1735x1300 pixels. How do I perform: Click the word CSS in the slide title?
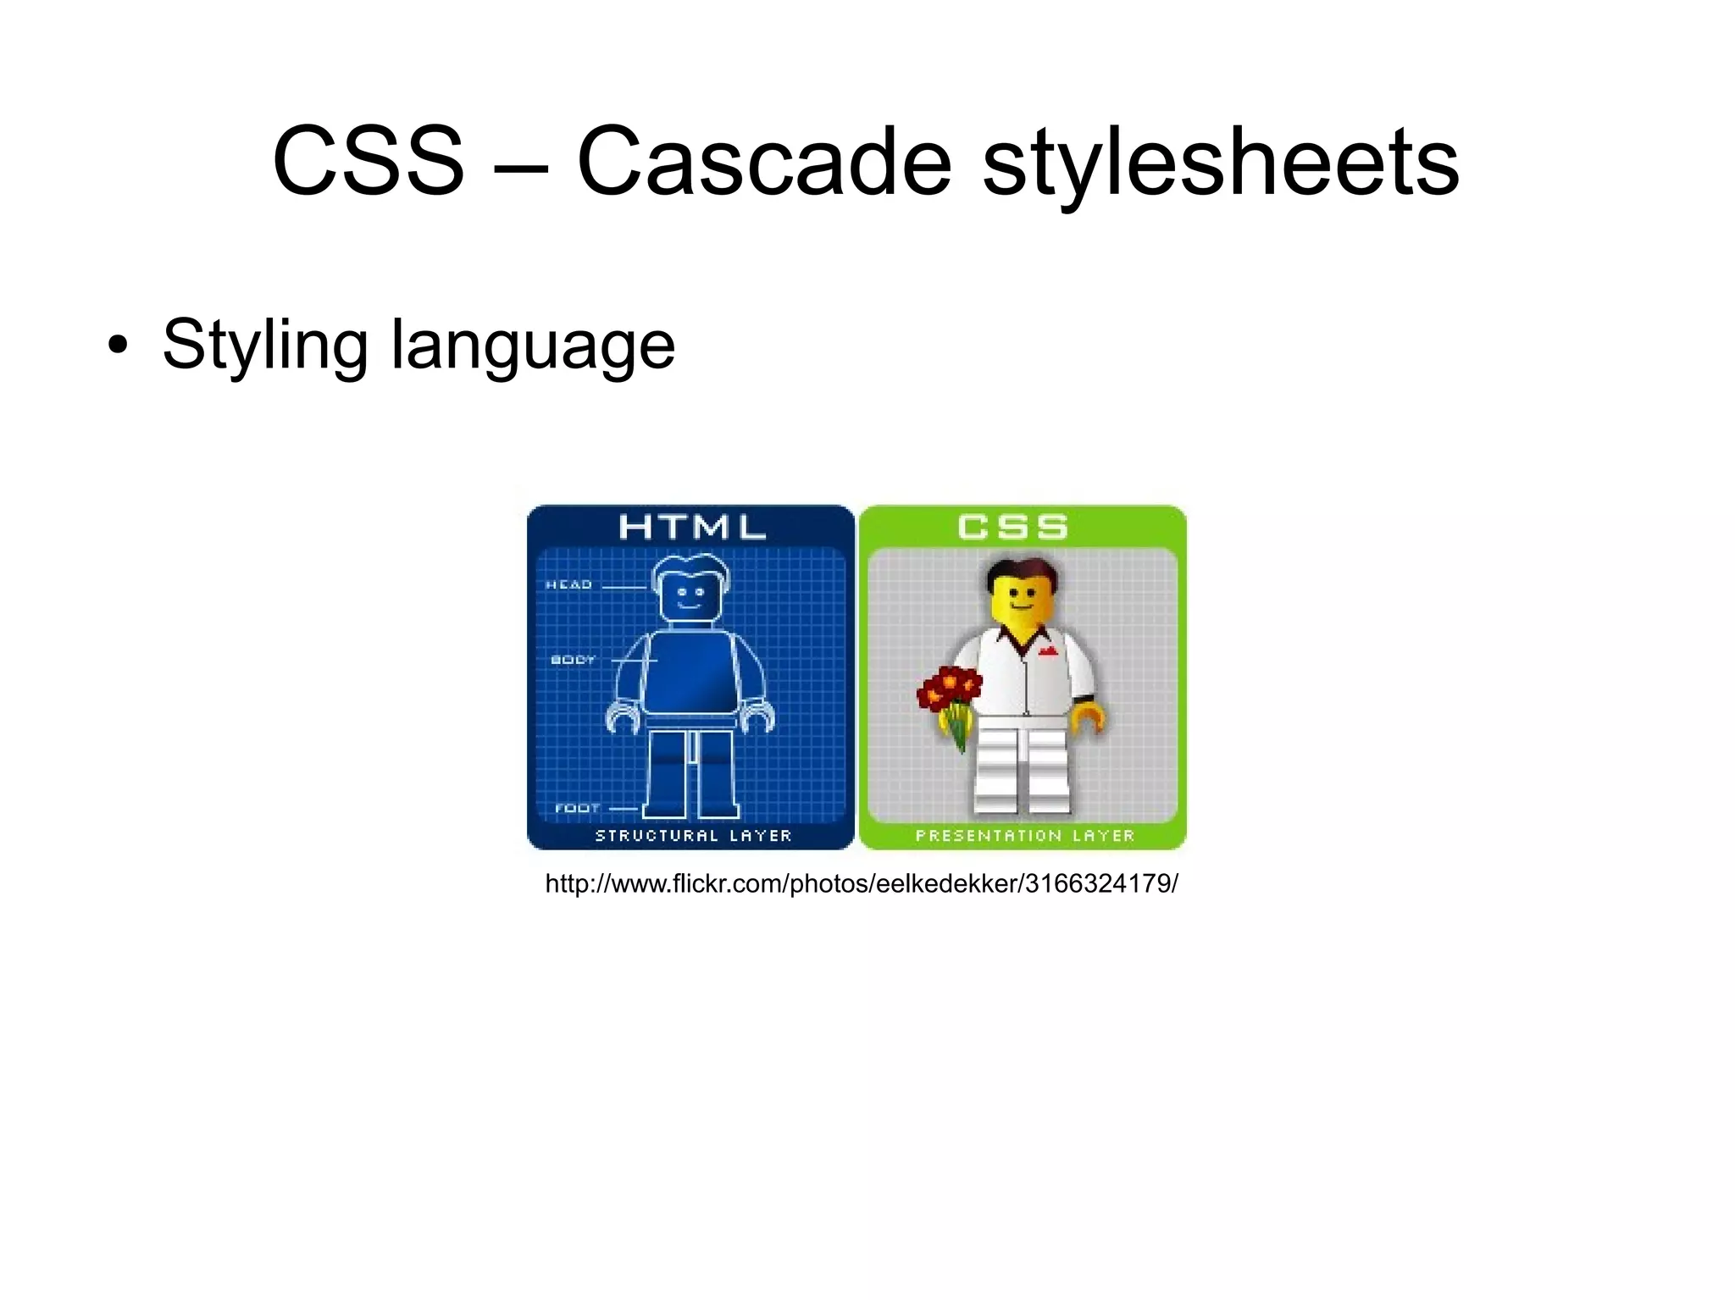pyautogui.click(x=369, y=161)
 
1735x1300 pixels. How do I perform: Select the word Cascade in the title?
pyautogui.click(x=764, y=161)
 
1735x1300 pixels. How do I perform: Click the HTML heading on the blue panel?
pyautogui.click(x=691, y=528)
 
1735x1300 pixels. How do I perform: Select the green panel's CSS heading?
pyautogui.click(x=1012, y=528)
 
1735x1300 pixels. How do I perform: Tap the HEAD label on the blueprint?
pyautogui.click(x=568, y=584)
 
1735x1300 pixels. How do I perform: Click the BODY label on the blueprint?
pyautogui.click(x=574, y=659)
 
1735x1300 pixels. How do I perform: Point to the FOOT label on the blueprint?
pyautogui.click(x=577, y=808)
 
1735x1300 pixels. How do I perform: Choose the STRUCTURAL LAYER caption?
pyautogui.click(x=693, y=835)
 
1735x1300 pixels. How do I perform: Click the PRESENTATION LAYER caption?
pyautogui.click(x=1024, y=835)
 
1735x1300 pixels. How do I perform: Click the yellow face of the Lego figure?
pyautogui.click(x=1023, y=601)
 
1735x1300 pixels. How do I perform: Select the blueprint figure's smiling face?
pyautogui.click(x=690, y=597)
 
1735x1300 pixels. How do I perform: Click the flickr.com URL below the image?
pyautogui.click(x=861, y=883)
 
